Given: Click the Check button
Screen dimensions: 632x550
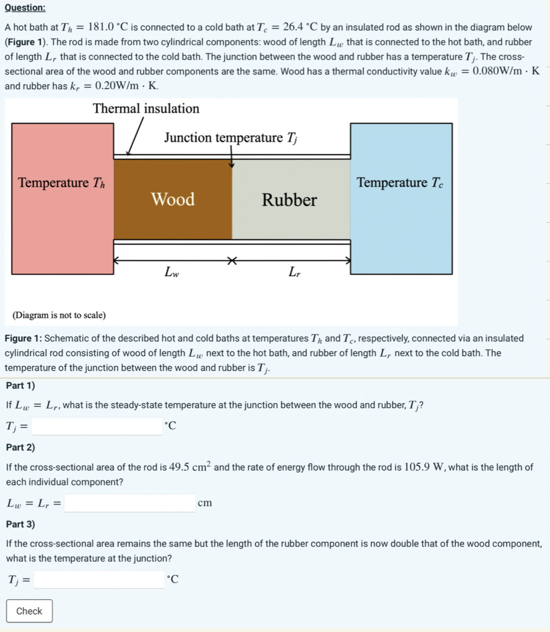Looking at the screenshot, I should (29, 611).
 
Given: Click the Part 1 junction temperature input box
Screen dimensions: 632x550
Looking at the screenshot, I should (97, 426).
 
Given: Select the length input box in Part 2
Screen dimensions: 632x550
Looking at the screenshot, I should (130, 503).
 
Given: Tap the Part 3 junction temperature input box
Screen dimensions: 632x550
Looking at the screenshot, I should (99, 579).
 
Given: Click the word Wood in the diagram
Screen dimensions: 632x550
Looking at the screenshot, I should (173, 199).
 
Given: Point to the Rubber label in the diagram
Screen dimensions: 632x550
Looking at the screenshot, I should (289, 200).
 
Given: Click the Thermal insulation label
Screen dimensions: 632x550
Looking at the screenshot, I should (146, 108).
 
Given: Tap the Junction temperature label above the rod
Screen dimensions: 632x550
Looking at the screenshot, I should (231, 137).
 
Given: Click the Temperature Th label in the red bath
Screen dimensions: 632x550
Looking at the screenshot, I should (61, 182).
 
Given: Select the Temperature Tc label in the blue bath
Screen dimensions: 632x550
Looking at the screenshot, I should (399, 182).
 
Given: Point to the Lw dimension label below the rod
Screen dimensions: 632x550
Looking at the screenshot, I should (171, 272).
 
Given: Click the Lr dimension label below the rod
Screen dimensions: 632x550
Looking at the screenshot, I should (294, 272).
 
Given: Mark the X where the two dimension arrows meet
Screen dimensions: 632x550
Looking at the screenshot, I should (232, 261).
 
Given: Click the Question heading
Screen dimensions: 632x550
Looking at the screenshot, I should (25, 7).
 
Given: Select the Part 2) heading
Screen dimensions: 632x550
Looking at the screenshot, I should (20, 447).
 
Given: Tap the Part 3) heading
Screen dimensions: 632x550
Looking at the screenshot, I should (20, 524).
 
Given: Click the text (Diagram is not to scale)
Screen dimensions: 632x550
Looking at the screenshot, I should (59, 315).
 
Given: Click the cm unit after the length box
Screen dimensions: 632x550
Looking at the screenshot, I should (205, 503).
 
